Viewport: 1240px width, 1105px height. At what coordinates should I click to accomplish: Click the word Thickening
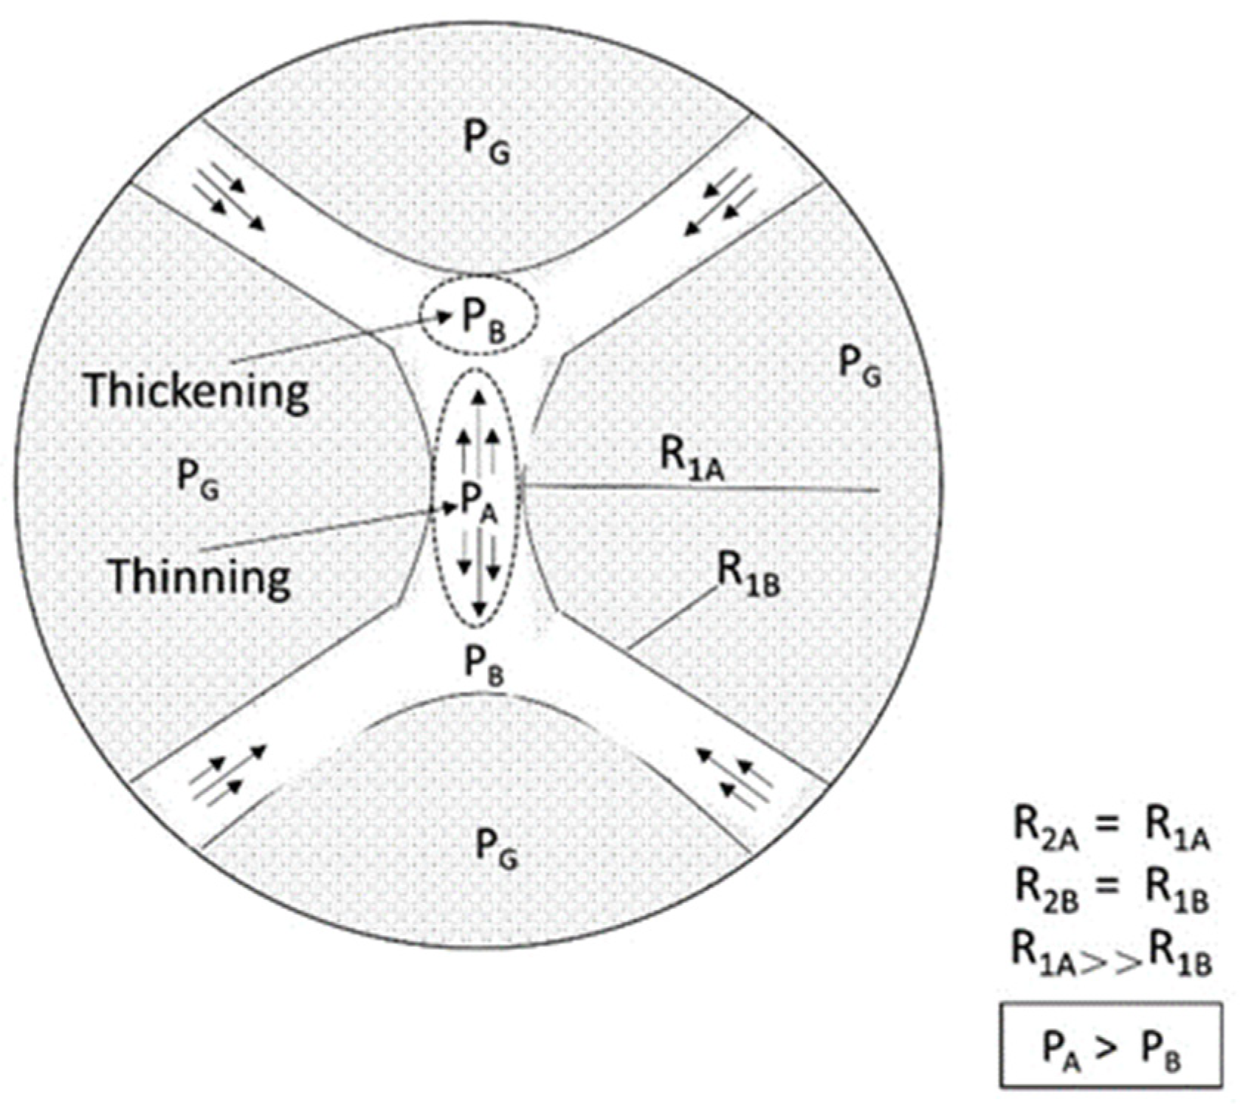196,392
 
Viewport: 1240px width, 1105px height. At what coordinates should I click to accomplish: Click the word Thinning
199,576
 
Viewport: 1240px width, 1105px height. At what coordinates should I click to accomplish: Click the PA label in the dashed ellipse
479,503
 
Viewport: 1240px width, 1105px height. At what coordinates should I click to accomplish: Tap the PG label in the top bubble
486,141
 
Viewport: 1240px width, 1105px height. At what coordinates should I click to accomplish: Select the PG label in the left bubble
199,480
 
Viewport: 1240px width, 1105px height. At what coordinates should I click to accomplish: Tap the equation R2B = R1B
1111,891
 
